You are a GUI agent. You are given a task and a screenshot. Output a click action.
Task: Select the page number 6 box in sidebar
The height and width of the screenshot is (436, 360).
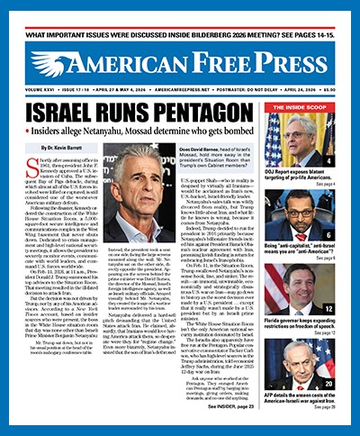point(342,234)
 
